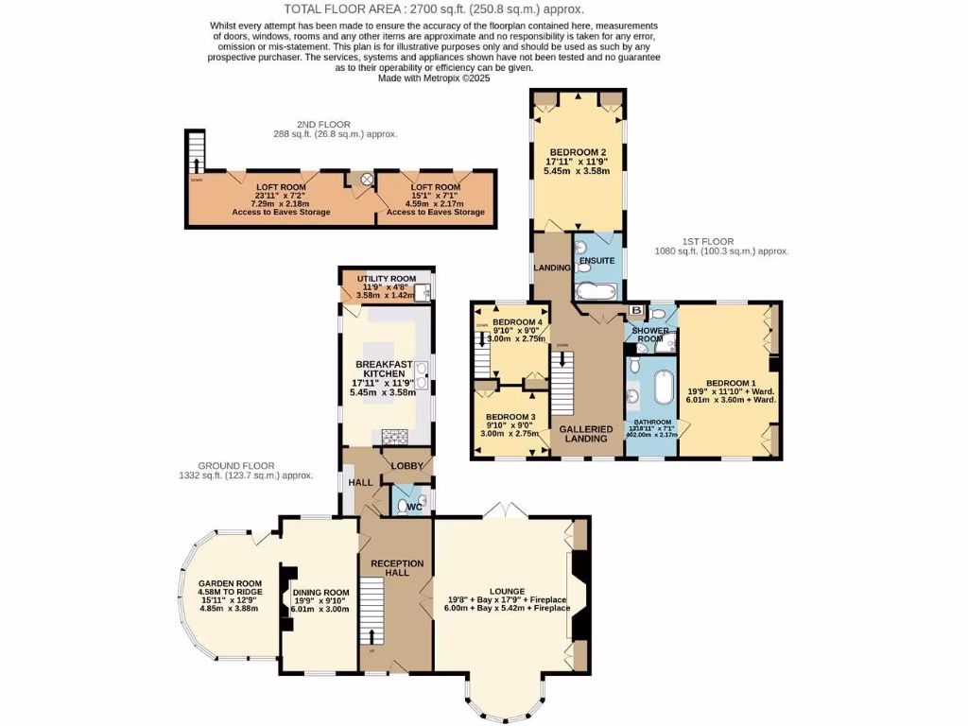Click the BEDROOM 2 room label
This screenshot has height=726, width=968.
[578, 152]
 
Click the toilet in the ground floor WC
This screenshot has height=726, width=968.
[411, 506]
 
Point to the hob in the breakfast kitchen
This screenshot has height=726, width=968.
[394, 436]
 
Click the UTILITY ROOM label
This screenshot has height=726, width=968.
[386, 279]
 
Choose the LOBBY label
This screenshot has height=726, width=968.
[407, 466]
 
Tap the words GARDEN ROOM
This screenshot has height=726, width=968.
[230, 583]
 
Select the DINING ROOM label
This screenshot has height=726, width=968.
[320, 593]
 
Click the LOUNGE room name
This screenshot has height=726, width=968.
[507, 591]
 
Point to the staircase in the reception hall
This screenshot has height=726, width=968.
[372, 613]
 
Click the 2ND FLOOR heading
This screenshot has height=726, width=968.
[323, 124]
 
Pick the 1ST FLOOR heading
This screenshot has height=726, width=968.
[706, 241]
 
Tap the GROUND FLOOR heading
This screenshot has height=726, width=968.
[236, 465]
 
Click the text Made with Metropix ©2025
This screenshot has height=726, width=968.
[434, 78]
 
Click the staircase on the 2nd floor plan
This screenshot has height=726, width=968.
[196, 151]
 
